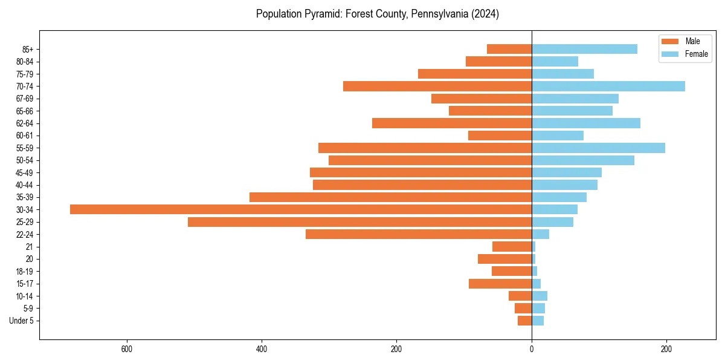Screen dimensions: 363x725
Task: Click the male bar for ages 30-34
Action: click(301, 209)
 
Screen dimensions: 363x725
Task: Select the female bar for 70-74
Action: click(608, 86)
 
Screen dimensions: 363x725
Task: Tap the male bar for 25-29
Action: click(359, 222)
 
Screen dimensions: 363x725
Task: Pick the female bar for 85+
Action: click(584, 49)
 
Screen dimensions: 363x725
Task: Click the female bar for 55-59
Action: click(598, 148)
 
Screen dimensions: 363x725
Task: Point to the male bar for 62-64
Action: click(452, 123)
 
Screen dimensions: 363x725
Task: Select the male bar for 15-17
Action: click(500, 284)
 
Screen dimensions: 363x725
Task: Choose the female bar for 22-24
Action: click(540, 234)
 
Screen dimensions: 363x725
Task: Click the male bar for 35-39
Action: click(390, 197)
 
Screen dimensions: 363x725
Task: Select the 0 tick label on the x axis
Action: click(532, 349)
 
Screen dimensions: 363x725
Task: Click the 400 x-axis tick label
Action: click(262, 349)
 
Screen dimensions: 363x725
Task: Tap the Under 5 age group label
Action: click(21, 321)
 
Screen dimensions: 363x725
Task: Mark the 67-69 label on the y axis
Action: click(24, 99)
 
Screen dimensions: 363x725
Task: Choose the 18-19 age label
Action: click(24, 272)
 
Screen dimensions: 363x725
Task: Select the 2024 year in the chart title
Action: click(486, 14)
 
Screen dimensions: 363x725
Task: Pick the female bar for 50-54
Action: click(583, 160)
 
